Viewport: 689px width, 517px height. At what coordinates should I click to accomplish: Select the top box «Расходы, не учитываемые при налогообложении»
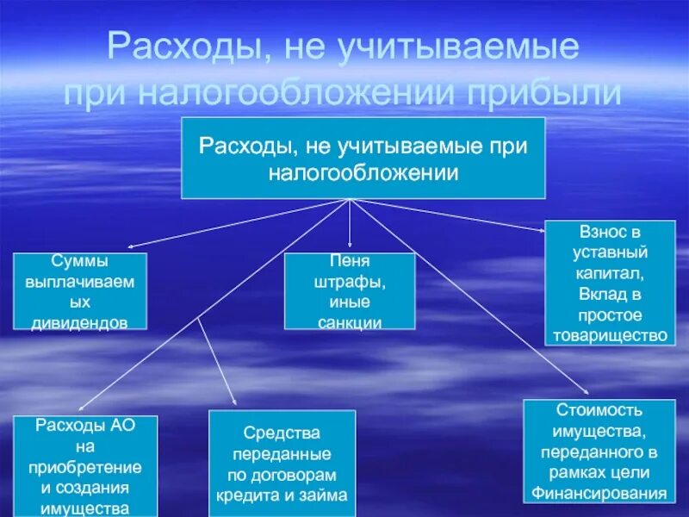coord(362,158)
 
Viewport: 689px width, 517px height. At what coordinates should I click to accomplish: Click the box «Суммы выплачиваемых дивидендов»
coord(79,291)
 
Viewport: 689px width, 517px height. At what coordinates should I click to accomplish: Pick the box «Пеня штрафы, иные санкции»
coord(350,291)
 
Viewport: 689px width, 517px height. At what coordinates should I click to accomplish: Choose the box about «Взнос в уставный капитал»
coord(610,283)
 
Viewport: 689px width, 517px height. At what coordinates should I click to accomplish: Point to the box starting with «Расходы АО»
coord(85,465)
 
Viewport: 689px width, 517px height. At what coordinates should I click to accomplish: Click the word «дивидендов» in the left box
coord(79,322)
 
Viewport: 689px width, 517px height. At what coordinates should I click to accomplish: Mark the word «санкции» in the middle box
coord(350,323)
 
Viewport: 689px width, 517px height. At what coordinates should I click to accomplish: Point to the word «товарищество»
coord(611,335)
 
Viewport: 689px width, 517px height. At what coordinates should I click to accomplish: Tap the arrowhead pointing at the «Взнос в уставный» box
coord(541,229)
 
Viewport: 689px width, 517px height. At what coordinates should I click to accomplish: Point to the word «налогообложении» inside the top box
coord(362,172)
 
